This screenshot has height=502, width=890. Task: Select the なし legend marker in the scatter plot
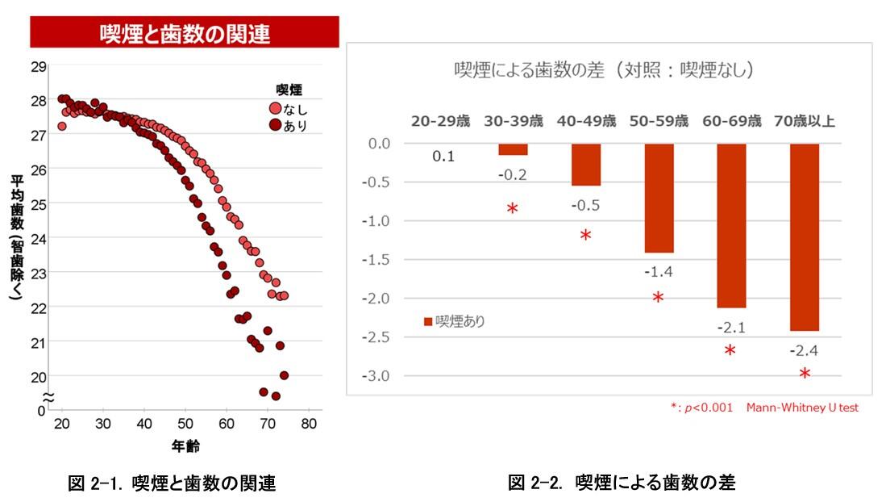pos(275,109)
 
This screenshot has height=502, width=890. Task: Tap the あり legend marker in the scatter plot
pos(275,125)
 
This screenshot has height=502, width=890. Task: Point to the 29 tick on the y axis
pos(37,65)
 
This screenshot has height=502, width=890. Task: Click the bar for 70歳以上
pos(804,237)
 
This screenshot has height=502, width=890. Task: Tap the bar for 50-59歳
pos(658,199)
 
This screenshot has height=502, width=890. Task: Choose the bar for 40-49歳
pos(585,165)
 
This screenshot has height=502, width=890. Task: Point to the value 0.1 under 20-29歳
pos(443,156)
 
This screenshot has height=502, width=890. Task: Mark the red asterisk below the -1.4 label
pos(658,298)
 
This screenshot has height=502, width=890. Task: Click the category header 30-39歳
pos(514,122)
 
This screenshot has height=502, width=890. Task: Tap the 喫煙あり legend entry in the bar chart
pos(455,321)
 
